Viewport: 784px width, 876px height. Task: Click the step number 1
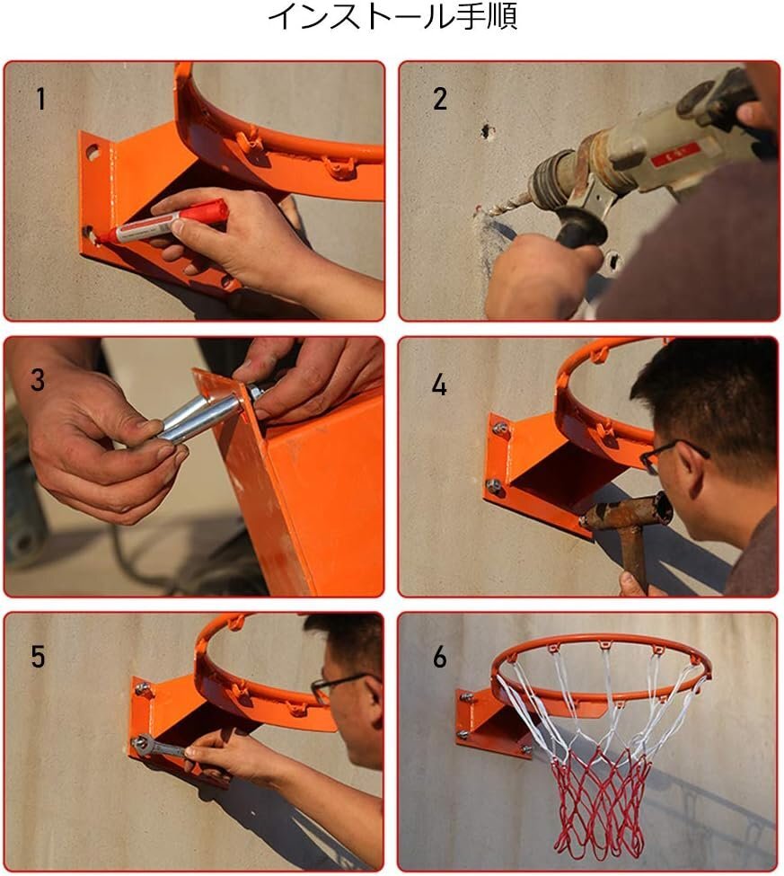[40, 99]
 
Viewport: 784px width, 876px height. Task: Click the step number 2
[440, 99]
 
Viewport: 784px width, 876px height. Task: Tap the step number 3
[38, 380]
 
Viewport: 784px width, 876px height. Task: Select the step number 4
[439, 385]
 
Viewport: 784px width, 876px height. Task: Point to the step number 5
[38, 657]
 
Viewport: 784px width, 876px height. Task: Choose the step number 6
[440, 657]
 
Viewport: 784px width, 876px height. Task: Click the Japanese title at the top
[392, 15]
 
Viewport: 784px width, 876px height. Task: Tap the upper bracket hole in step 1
[92, 152]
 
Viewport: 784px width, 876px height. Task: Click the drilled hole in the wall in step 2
[488, 131]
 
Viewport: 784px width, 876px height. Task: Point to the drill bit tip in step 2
[480, 211]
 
